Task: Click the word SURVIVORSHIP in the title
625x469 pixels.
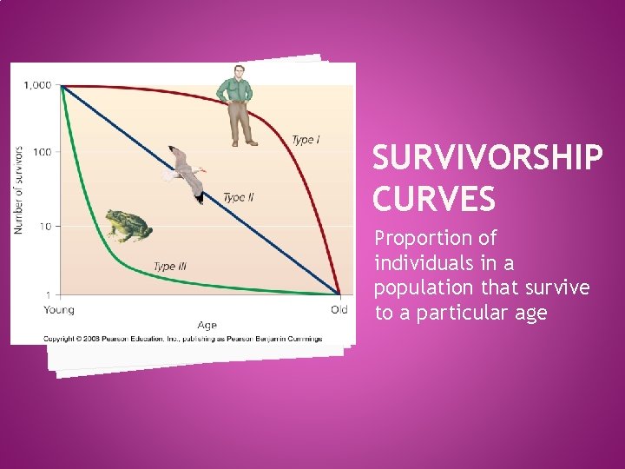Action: point(487,159)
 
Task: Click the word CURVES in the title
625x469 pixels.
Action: point(434,200)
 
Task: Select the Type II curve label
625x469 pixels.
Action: point(239,197)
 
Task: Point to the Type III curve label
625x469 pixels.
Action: point(169,267)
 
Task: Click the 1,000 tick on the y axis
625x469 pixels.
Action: point(37,85)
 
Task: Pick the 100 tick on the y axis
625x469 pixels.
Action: point(42,152)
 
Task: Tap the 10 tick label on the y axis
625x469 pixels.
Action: point(44,226)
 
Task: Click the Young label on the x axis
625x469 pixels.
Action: point(59,310)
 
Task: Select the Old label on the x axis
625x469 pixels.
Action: point(339,310)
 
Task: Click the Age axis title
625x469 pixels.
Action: point(207,326)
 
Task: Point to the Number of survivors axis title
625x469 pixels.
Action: point(18,189)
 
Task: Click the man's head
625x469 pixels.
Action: point(237,71)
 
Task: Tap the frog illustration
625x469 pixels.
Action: point(127,225)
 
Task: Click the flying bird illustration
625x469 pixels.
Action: point(185,173)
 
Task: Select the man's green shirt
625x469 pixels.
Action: point(234,90)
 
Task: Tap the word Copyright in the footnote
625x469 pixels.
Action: point(63,339)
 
